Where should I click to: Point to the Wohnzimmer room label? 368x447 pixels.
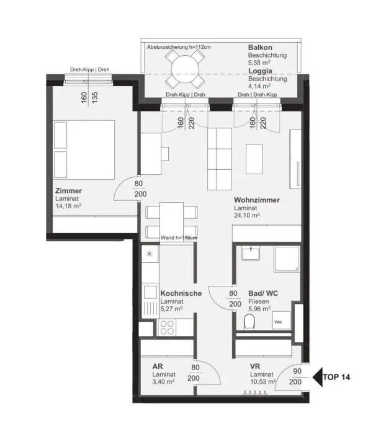click(256, 200)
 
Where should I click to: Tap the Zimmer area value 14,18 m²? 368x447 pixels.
click(68, 206)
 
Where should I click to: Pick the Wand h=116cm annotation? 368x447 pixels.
click(179, 237)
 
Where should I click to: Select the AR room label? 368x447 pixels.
click(158, 366)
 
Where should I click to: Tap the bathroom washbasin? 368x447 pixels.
click(252, 253)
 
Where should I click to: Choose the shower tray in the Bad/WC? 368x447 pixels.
click(286, 259)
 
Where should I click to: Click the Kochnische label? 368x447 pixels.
click(181, 293)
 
